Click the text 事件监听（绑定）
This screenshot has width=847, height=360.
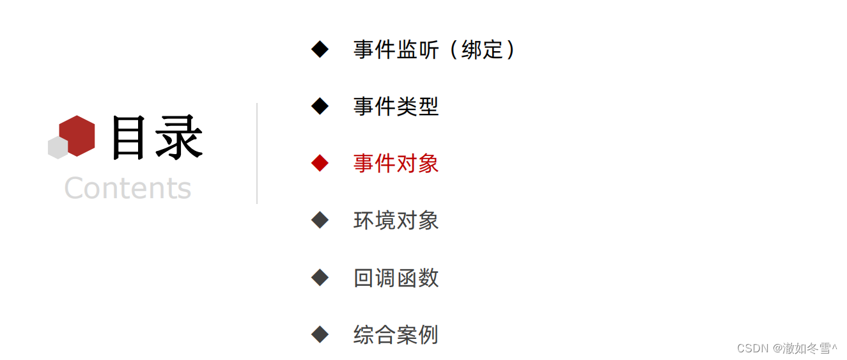(x=433, y=49)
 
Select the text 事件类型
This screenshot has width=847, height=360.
(x=396, y=106)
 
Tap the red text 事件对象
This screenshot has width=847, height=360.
(x=396, y=163)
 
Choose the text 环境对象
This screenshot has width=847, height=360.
(x=396, y=221)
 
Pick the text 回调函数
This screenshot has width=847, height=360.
(x=396, y=278)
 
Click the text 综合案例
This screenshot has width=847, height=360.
(x=396, y=334)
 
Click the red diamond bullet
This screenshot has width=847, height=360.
(x=320, y=163)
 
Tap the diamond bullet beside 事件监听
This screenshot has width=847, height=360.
(x=320, y=49)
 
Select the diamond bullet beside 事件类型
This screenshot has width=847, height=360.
(x=320, y=106)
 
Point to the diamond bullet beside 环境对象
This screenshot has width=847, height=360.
(x=320, y=221)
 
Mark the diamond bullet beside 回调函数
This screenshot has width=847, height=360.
(x=320, y=278)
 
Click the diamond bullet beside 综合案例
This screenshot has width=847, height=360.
(x=320, y=334)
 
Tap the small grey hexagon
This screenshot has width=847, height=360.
(x=57, y=148)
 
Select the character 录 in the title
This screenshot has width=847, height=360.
(x=178, y=137)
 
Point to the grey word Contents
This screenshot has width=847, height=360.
(x=128, y=188)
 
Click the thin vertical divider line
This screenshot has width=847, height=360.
(x=257, y=153)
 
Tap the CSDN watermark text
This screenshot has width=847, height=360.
(x=786, y=348)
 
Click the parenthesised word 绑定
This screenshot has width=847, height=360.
(x=482, y=49)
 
